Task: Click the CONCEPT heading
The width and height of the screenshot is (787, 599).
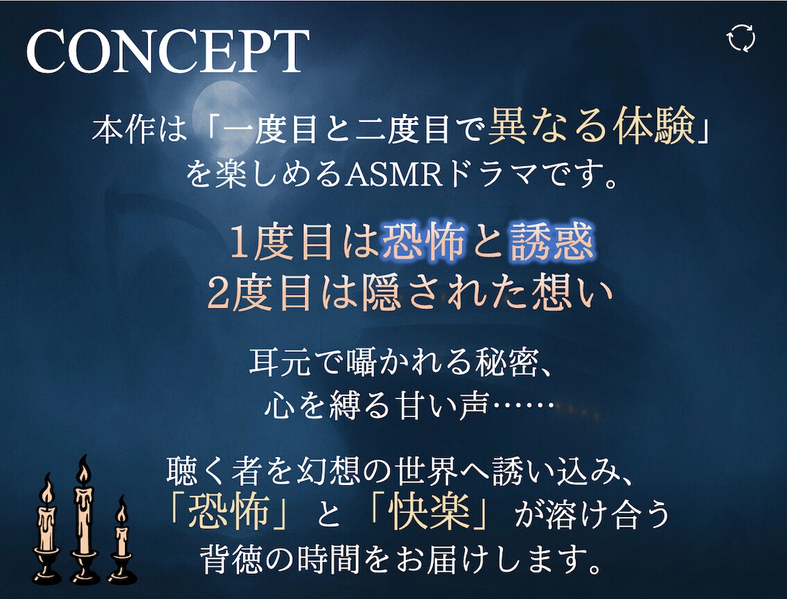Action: coord(168,51)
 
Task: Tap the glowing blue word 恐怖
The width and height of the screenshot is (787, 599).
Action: coord(423,242)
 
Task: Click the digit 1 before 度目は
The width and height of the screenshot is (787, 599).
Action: coord(239,243)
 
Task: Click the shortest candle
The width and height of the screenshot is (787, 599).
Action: coord(121,542)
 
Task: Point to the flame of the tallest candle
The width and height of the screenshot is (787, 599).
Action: coord(85,470)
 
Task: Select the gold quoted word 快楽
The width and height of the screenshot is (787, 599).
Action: coord(431,513)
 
